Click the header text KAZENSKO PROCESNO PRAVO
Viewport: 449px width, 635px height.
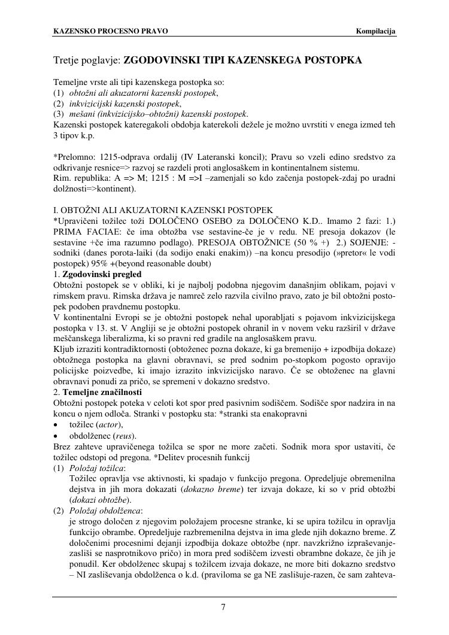pos(111,31)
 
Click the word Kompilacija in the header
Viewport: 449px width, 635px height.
pos(376,31)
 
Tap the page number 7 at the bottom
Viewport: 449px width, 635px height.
pos(223,607)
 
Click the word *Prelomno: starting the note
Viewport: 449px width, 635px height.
pos(74,157)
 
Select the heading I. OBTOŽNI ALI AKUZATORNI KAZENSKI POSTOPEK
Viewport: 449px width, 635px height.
pos(163,210)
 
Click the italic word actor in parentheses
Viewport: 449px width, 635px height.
pos(113,424)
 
